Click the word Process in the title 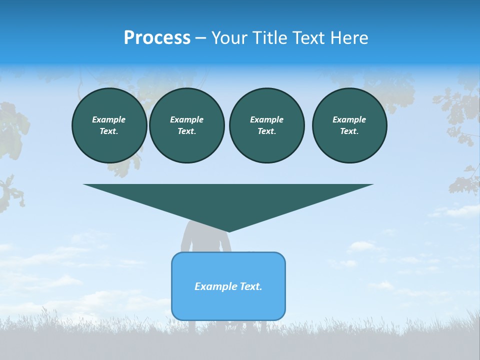point(157,38)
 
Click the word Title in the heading point(267,38)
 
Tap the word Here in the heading point(348,38)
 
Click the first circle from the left point(109,125)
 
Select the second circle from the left point(186,125)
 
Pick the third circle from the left point(266,125)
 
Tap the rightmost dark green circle point(349,125)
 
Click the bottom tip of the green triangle point(228,230)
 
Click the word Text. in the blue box point(250,286)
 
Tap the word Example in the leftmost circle point(109,119)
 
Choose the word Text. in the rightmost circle point(349,131)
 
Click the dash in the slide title point(200,38)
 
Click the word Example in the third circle point(266,119)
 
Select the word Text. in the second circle point(186,131)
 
